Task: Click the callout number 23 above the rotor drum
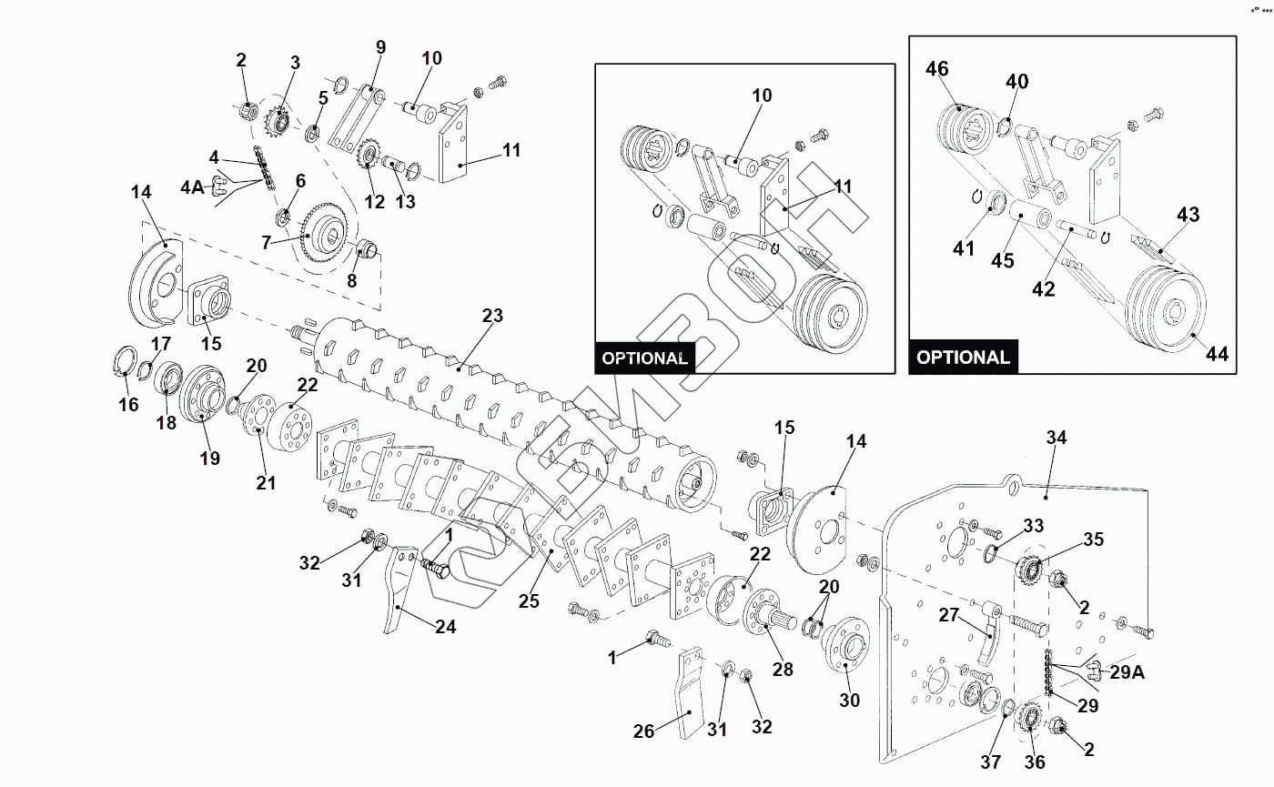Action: coord(492,317)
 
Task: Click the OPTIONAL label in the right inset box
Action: coord(963,357)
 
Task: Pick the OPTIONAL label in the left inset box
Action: coord(644,358)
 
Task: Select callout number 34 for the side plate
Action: coord(1056,438)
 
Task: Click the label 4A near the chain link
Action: coord(192,187)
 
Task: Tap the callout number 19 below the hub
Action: coord(210,458)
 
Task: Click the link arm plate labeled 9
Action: coord(356,118)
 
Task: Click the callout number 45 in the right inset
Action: coord(1002,261)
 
